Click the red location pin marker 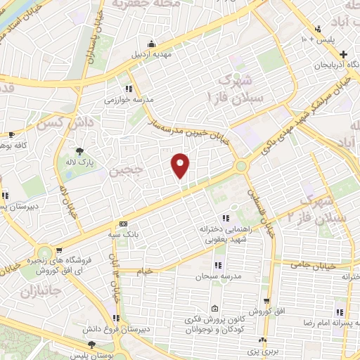click(x=181, y=165)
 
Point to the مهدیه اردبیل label click(x=150, y=53)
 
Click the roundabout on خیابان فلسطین click(x=240, y=167)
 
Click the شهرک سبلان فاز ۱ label click(x=241, y=87)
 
